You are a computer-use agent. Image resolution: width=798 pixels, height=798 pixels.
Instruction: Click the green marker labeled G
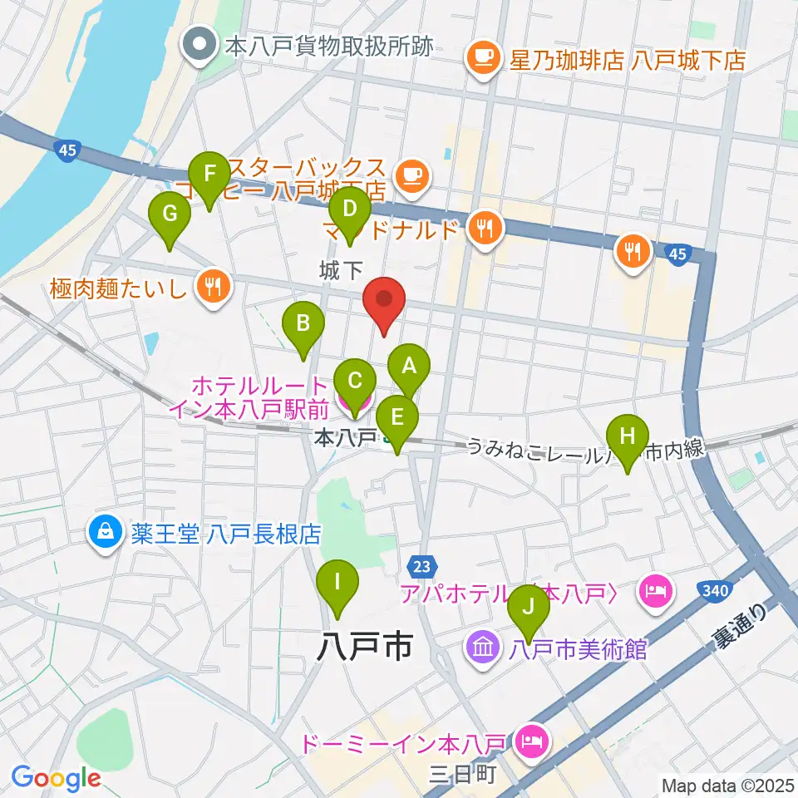coord(170,214)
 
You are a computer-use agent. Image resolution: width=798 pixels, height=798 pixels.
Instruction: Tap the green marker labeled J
coord(528,608)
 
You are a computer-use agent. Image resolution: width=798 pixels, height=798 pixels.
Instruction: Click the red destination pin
coord(384,299)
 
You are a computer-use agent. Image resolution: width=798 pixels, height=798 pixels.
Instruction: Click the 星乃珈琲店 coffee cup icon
coord(484,58)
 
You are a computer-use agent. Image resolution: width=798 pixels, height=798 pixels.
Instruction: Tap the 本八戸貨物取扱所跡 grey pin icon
coord(199,46)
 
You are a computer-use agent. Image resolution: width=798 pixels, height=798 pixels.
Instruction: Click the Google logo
coord(56,777)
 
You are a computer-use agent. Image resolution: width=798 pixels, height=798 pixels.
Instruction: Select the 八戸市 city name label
coord(365,646)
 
